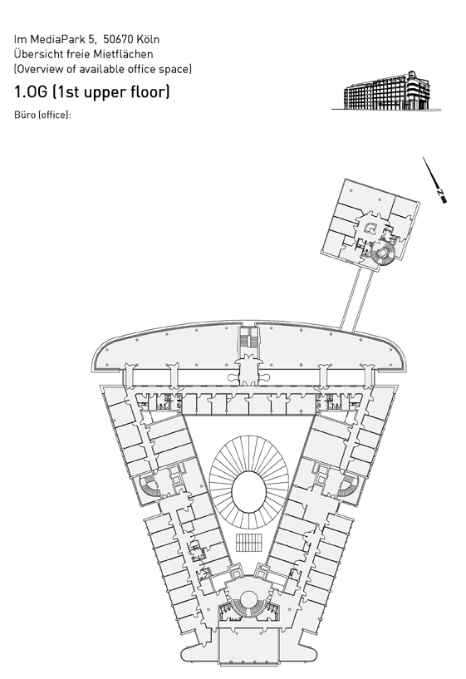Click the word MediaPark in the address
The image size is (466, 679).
click(x=58, y=39)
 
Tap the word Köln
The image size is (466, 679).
click(x=148, y=39)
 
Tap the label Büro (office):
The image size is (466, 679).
click(x=42, y=116)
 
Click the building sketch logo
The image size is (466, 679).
click(x=386, y=91)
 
